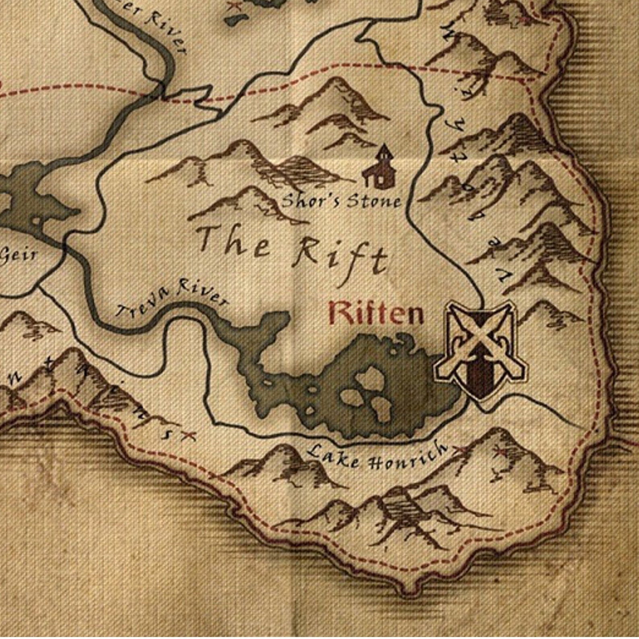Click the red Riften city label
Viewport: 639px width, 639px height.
(376, 313)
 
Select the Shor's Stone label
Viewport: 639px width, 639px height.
(341, 200)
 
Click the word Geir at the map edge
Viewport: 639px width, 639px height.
(18, 255)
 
